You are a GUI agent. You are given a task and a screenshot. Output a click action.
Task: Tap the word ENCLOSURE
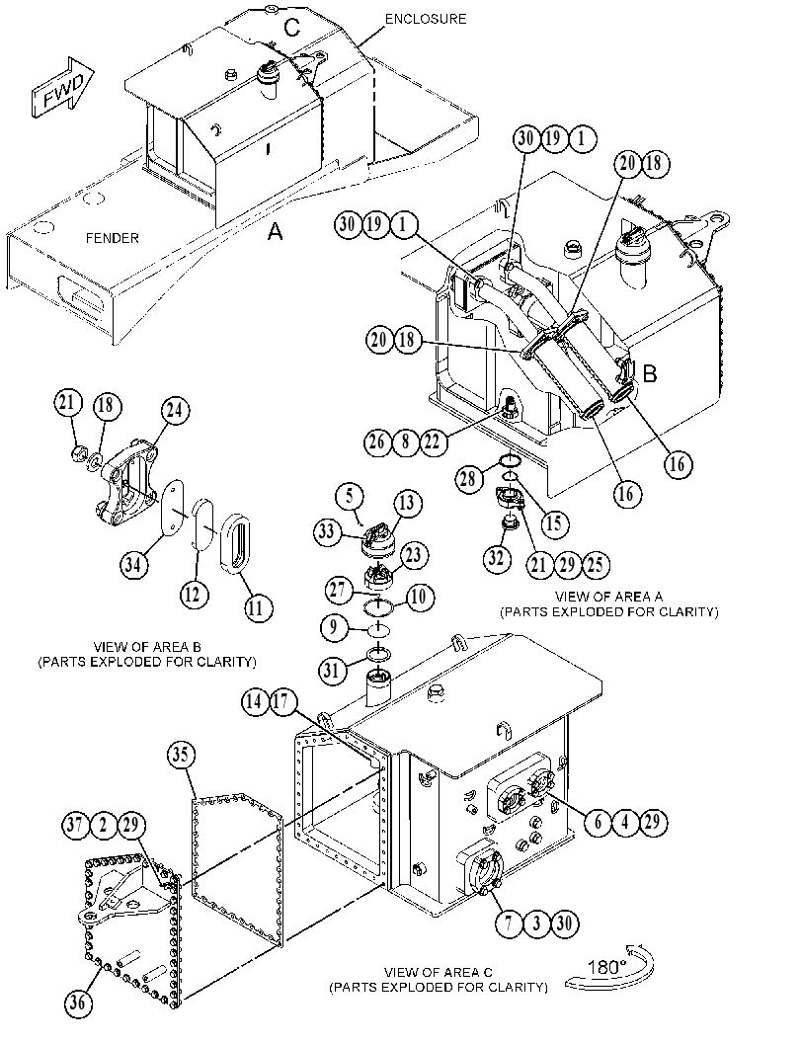426,19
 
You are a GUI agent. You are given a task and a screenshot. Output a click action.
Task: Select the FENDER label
113,238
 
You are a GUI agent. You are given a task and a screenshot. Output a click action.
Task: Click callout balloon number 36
78,1002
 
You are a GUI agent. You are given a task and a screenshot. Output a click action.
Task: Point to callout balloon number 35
181,755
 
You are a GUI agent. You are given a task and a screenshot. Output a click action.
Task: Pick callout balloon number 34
134,565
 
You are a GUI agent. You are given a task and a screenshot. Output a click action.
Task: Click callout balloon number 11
257,607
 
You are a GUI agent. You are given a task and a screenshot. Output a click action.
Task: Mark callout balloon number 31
332,670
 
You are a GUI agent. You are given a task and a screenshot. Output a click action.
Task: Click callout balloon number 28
469,478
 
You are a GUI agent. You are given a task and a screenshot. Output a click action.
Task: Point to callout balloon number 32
496,558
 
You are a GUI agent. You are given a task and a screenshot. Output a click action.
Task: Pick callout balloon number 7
510,924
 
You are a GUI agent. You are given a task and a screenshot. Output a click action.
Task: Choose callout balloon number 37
77,826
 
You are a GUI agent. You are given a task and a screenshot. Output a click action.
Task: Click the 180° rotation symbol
609,967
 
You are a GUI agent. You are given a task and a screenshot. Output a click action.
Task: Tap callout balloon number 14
255,702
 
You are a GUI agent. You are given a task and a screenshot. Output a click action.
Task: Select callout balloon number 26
378,441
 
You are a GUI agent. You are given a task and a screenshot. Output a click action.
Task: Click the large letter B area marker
649,373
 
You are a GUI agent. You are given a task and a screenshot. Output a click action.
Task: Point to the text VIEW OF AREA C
439,973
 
